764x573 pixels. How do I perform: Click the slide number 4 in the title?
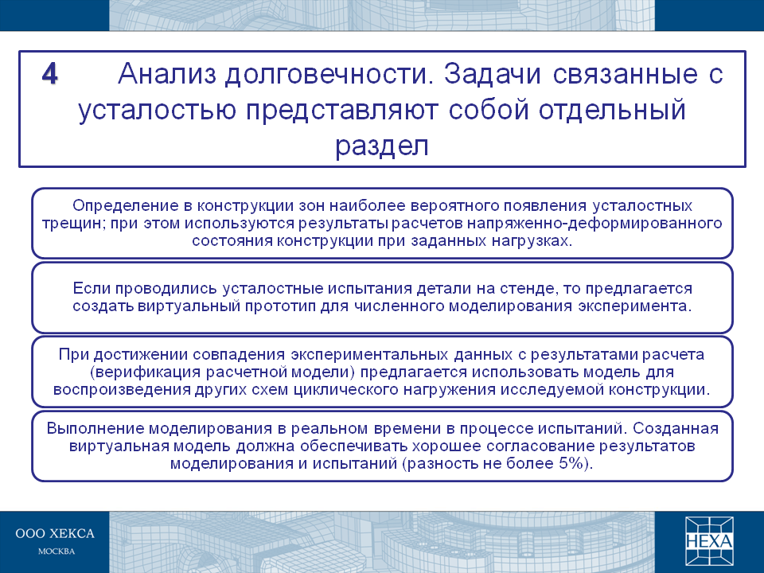click(x=50, y=75)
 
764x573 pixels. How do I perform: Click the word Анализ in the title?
click(x=166, y=75)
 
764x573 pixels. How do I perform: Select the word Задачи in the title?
click(x=493, y=75)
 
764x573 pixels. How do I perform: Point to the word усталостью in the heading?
click(x=158, y=111)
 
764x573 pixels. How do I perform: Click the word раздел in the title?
click(x=381, y=146)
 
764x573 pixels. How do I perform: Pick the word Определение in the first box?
click(x=126, y=205)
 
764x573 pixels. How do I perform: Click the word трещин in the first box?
click(x=73, y=224)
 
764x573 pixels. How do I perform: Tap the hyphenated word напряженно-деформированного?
click(x=594, y=224)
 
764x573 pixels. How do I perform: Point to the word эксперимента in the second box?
click(x=634, y=306)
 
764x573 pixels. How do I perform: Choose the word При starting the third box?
click(x=73, y=354)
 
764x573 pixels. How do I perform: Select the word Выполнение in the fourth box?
click(x=95, y=429)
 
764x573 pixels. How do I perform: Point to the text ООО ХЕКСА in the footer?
click(x=55, y=533)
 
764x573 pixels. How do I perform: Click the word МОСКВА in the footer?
click(x=57, y=552)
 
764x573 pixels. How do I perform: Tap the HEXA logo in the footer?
click(x=709, y=541)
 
